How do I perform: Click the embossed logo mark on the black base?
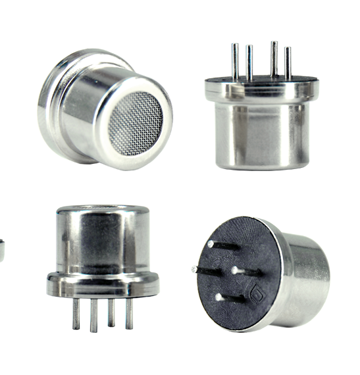pos(258,291)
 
